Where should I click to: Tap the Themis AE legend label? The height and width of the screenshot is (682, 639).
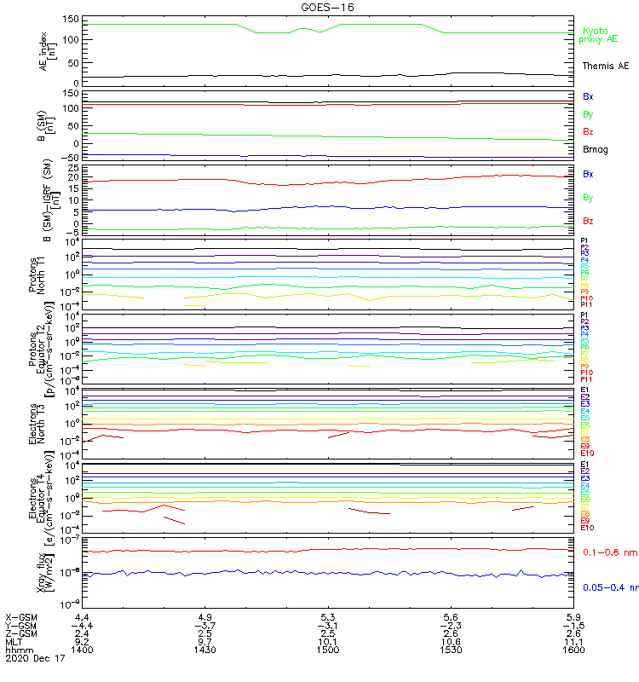pos(606,66)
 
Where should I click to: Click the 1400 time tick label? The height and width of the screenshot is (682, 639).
pos(82,650)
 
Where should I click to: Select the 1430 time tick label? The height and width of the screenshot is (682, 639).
pos(204,650)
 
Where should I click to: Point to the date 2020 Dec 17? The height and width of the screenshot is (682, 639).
pos(32,659)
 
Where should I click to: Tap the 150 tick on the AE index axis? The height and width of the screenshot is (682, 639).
pos(71,19)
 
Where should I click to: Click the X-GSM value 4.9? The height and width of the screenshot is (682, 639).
pos(204,616)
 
